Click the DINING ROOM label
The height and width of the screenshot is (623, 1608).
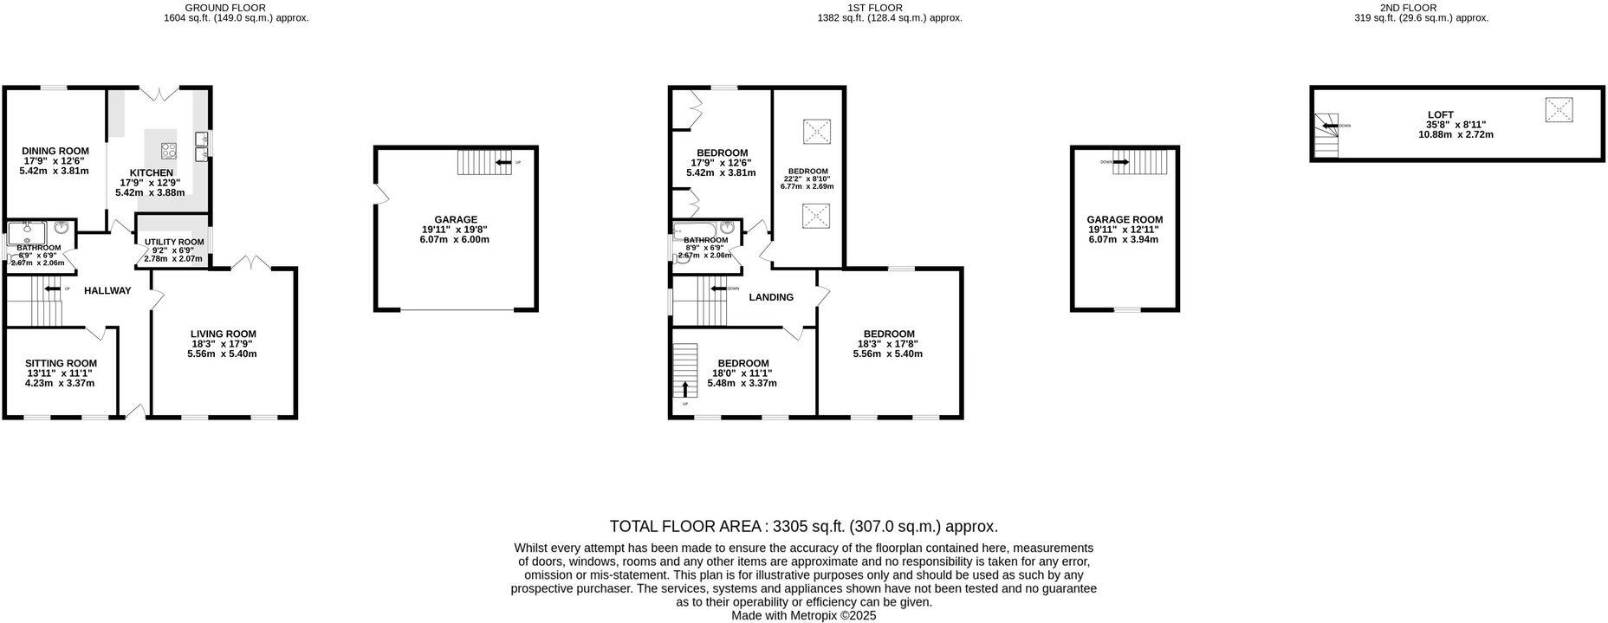click(55, 151)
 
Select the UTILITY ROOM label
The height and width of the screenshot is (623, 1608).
click(174, 242)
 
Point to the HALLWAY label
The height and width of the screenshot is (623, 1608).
click(107, 291)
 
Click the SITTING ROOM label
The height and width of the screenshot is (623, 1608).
click(61, 363)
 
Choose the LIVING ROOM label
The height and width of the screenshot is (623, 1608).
click(223, 334)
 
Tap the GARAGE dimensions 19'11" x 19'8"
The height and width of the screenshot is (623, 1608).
click(456, 230)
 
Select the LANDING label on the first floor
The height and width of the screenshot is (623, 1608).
click(771, 297)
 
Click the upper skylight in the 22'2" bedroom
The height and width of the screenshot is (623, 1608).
click(815, 131)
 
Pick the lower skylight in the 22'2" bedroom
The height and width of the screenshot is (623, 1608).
click(815, 214)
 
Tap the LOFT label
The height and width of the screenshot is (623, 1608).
click(1441, 114)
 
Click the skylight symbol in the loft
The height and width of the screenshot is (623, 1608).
click(1559, 110)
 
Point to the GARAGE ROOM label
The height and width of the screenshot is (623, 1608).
click(1125, 220)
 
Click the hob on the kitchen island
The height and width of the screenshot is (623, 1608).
click(168, 150)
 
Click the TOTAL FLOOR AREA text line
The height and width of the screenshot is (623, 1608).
click(803, 526)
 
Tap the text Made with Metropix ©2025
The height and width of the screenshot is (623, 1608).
click(803, 615)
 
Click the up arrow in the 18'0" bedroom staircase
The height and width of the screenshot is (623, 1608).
click(685, 388)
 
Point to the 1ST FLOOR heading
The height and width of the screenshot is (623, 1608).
click(889, 8)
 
